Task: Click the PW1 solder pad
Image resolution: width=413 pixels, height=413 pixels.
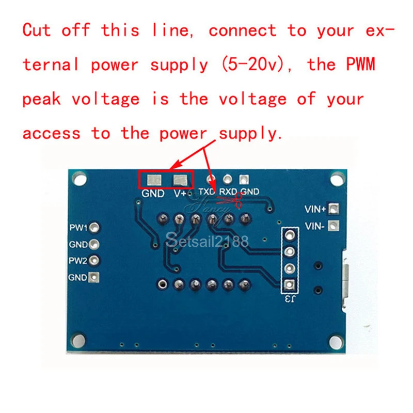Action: (x=94, y=228)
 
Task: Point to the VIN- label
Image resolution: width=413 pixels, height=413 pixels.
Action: (x=315, y=226)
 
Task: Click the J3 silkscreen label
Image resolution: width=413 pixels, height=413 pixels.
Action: (x=289, y=299)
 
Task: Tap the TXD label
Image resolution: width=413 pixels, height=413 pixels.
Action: (x=207, y=192)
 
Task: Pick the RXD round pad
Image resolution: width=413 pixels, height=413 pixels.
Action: (x=227, y=180)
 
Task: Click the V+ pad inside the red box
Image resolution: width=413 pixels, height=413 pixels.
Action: (x=180, y=180)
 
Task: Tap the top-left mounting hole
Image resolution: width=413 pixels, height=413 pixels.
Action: (x=79, y=179)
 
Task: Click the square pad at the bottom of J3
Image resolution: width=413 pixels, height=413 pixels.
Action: (x=289, y=284)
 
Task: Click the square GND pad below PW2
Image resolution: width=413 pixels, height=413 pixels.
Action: (x=94, y=277)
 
